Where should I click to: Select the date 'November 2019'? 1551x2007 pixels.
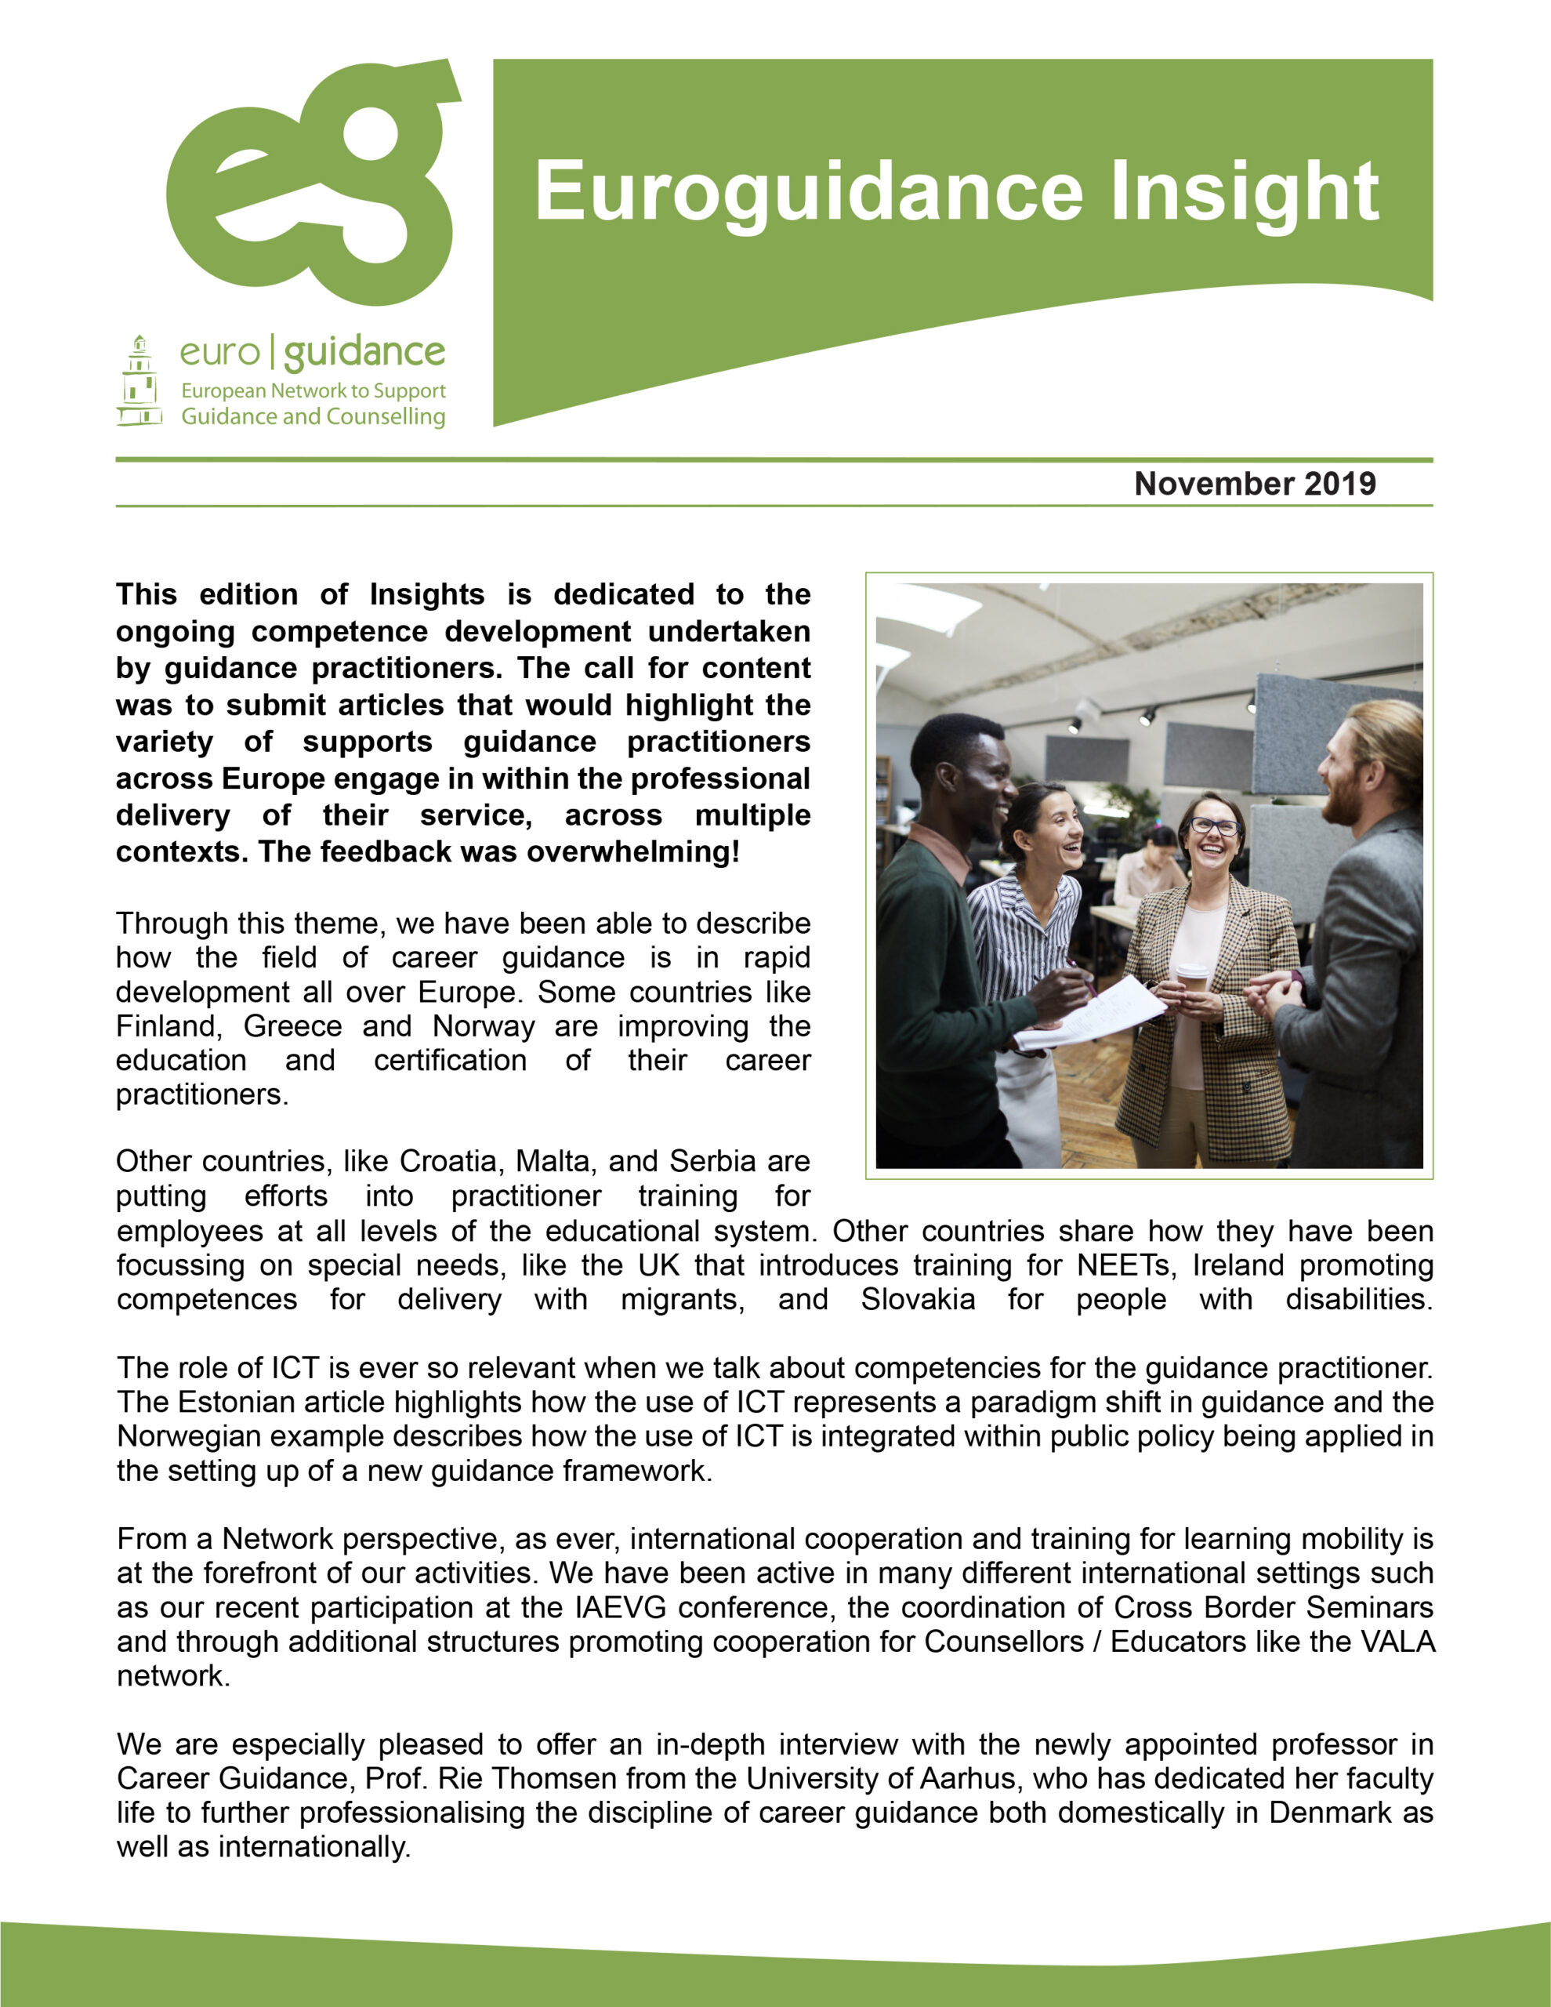coord(1254,484)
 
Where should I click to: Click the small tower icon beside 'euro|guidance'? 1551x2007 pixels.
coord(140,381)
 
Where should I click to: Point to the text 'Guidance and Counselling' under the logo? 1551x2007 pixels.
coord(313,416)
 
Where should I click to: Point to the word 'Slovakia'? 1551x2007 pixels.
coord(918,1299)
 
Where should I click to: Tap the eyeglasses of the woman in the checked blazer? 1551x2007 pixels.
coord(1214,826)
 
